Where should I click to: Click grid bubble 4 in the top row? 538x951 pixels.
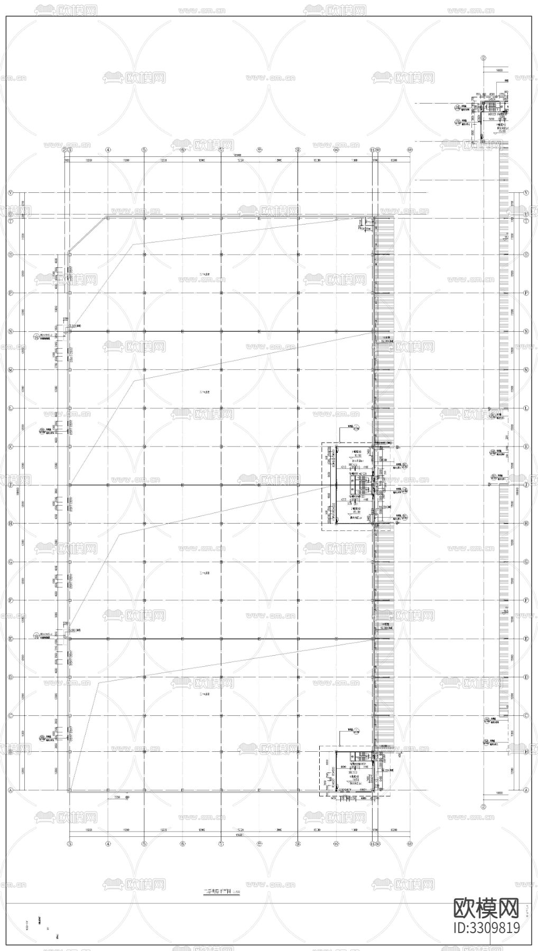click(108, 150)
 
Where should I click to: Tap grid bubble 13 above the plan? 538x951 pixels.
click(410, 150)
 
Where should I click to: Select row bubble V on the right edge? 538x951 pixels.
click(526, 193)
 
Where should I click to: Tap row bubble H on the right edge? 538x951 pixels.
click(526, 523)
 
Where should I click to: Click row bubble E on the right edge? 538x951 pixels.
click(526, 638)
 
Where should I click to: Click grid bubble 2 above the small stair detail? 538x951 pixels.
click(483, 59)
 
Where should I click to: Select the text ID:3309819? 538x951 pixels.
click(486, 928)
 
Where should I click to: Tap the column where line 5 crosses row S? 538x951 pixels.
click(144, 255)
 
